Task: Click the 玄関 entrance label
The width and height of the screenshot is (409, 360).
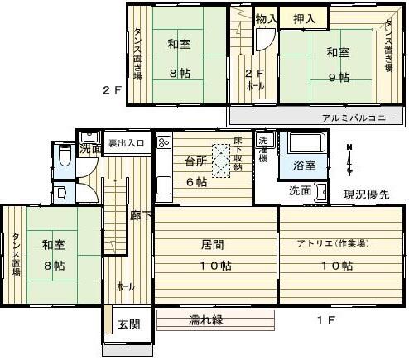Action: [127, 324]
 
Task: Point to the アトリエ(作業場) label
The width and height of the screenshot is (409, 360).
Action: [333, 243]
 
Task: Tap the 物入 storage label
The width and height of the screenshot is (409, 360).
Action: [265, 18]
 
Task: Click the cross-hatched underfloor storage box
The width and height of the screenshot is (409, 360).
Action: [223, 161]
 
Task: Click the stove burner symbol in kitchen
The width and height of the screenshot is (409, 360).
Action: [162, 142]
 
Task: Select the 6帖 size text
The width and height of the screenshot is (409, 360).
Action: [196, 182]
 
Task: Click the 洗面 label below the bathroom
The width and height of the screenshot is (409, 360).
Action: [300, 190]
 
